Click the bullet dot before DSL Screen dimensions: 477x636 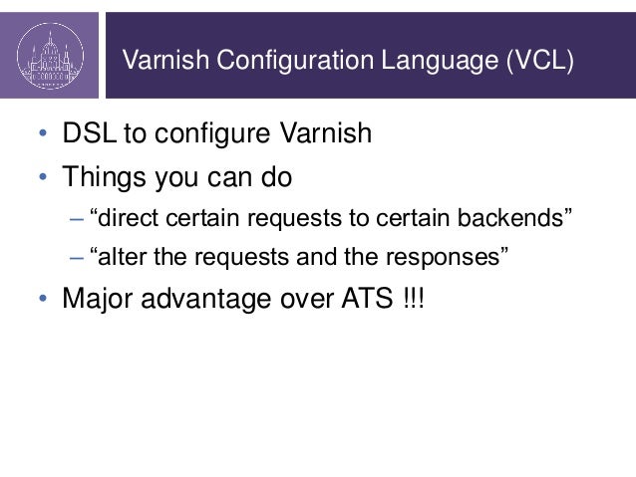point(42,134)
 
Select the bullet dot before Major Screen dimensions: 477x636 point(42,300)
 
